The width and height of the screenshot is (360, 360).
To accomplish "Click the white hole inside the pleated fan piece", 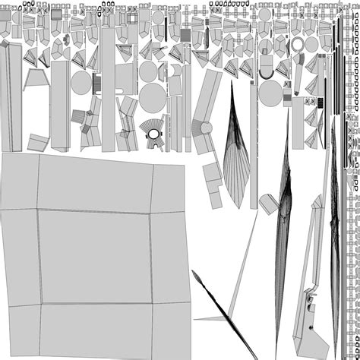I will pyautogui.click(x=154, y=135).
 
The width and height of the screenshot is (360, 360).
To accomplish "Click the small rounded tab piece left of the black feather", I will pyautogui.click(x=267, y=203).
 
